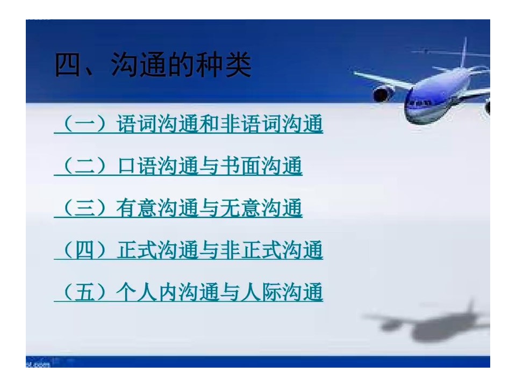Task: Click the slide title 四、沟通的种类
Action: point(153,65)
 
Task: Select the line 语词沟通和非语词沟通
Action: point(219,124)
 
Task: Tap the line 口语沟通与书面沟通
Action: point(209,166)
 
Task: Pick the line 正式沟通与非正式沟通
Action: point(219,250)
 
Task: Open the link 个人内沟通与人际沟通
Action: point(219,292)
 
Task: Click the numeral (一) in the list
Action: point(84,124)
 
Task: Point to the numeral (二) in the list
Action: point(84,166)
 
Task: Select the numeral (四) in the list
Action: point(84,250)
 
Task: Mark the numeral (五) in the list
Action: point(84,292)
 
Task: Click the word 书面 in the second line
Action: point(241,166)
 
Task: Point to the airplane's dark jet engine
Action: point(383,94)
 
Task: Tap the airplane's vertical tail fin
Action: point(464,53)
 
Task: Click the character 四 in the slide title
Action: point(68,65)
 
